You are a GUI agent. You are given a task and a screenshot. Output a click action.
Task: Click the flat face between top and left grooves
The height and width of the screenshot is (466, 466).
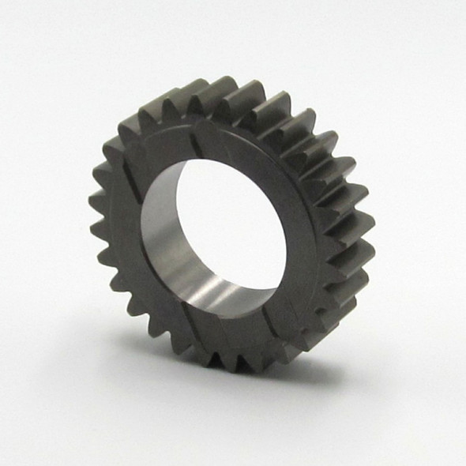(x=154, y=154)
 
